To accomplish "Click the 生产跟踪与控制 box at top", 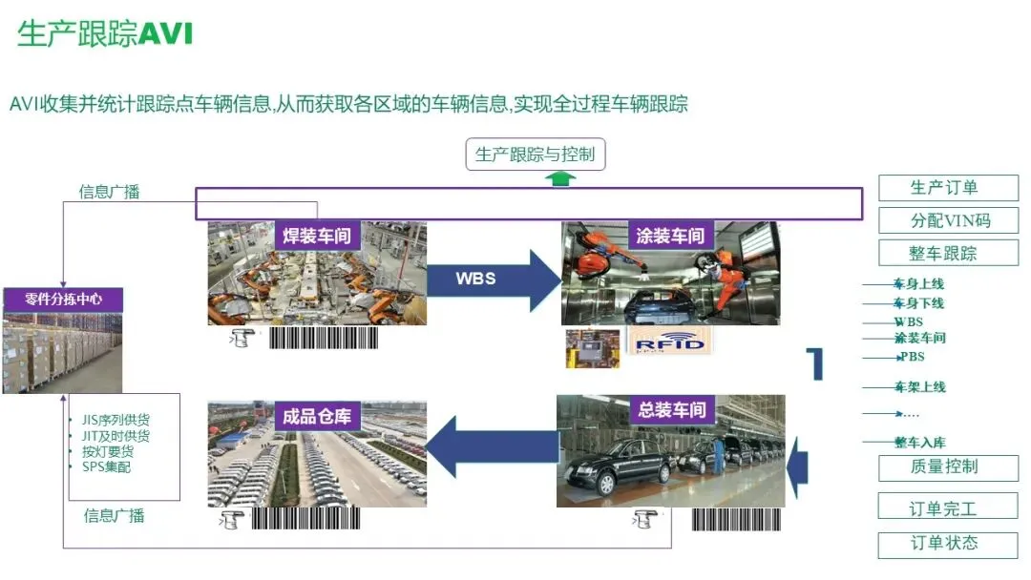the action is click(x=535, y=154).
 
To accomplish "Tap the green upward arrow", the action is click(x=561, y=178).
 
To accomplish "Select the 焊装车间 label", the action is click(x=317, y=236).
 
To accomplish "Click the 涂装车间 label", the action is click(x=670, y=236).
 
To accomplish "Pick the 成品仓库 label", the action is click(x=317, y=416).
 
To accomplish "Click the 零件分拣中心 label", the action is click(x=64, y=300).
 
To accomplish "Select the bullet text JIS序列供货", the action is click(x=116, y=420).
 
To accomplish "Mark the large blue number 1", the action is click(x=814, y=363).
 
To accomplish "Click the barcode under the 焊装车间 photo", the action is click(x=323, y=337).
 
